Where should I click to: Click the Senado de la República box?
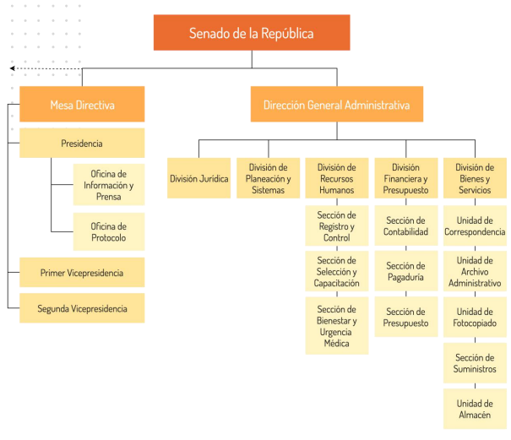(252, 33)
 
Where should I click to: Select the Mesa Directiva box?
(82, 104)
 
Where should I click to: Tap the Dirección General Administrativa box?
(337, 104)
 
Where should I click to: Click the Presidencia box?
(82, 143)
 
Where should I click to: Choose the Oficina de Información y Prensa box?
(109, 184)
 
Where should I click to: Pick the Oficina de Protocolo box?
(109, 231)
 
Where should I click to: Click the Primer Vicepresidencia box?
(82, 272)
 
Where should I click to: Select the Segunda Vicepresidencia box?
(82, 308)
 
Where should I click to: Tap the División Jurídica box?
(198, 178)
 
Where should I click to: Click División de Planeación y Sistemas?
(269, 178)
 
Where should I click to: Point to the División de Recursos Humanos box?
(337, 178)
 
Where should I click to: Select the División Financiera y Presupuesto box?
(406, 178)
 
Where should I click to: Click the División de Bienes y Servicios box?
(475, 178)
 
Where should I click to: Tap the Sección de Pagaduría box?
(406, 271)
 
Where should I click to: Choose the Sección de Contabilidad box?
(406, 225)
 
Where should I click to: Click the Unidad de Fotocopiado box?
(475, 317)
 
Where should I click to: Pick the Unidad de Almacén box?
(475, 409)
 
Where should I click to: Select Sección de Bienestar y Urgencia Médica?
(337, 326)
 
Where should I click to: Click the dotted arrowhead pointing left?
(13, 68)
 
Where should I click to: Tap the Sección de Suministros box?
(475, 363)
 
